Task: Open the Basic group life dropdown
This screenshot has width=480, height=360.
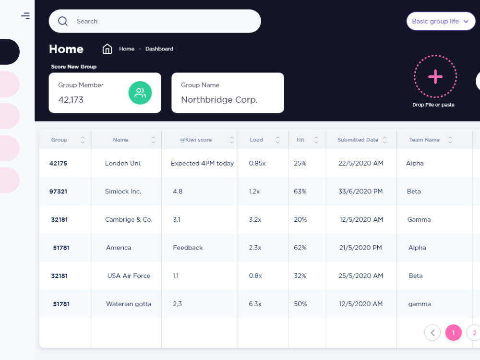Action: pos(440,21)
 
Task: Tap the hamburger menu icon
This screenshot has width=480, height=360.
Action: pos(25,16)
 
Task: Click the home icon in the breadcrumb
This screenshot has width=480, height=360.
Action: pos(108,49)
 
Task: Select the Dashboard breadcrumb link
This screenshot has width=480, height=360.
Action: pos(159,49)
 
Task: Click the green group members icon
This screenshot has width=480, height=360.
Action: pos(140,93)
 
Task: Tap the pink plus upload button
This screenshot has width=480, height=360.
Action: pos(435,77)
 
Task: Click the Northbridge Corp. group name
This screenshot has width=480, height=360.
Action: pos(219,100)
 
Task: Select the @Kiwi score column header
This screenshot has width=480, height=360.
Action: pos(196,140)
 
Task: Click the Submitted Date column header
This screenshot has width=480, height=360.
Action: pos(358,140)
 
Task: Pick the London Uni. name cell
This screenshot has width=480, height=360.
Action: pos(123,163)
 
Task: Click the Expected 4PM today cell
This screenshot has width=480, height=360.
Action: pos(202,163)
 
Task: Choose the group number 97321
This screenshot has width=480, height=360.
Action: pos(58,192)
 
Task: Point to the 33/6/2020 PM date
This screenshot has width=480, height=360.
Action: pos(360,192)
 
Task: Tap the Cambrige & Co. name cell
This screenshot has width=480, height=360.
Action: pos(129,219)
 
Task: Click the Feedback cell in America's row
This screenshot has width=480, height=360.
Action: pos(188,248)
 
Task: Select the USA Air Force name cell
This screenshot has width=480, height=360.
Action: pos(129,276)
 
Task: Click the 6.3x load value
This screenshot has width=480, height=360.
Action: pos(255,304)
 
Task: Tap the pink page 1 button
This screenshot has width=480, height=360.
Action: pos(454,333)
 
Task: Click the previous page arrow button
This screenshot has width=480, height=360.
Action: pos(432,333)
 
